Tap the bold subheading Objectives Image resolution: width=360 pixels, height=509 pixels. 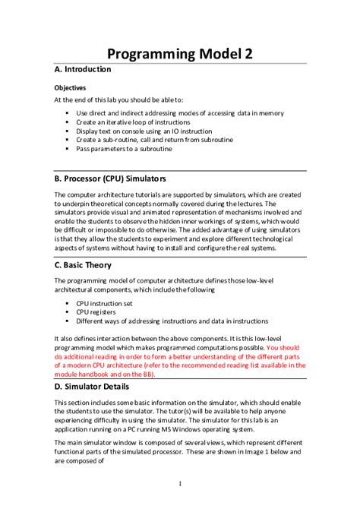point(69,87)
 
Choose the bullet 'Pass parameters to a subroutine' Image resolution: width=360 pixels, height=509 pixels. point(124,149)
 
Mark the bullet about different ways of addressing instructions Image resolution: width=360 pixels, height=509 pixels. point(172,321)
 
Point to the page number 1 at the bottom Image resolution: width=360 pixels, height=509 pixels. point(179,484)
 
